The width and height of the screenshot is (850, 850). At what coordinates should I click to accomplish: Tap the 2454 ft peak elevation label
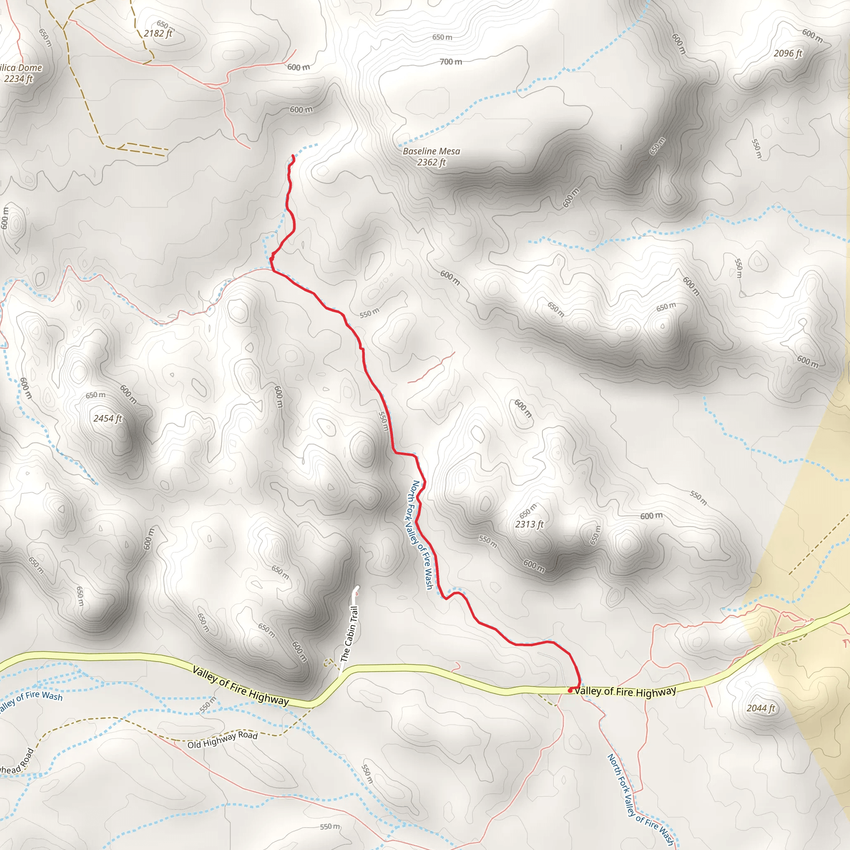click(107, 418)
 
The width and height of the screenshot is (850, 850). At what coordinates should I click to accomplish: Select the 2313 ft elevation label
click(529, 524)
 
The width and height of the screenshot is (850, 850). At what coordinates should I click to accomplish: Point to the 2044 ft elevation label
click(761, 708)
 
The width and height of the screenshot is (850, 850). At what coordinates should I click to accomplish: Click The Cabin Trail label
click(349, 633)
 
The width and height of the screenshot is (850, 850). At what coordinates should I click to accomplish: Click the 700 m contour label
click(451, 61)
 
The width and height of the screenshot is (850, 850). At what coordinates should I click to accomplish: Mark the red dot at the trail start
click(570, 690)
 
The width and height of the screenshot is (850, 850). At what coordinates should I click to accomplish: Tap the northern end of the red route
click(293, 156)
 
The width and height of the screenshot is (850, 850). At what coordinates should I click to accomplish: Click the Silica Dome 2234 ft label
click(20, 73)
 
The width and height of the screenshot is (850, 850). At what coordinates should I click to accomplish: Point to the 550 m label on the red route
click(383, 421)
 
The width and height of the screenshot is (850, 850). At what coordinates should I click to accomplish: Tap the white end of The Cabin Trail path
click(357, 588)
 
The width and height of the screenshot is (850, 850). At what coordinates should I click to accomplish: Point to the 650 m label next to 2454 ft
click(95, 395)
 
